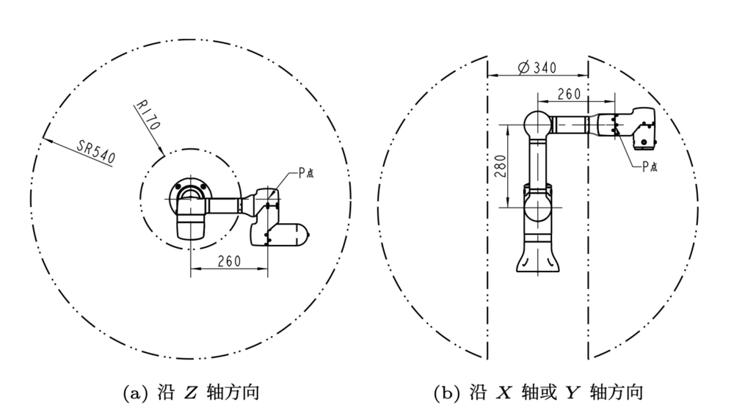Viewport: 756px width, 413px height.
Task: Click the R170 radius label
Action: (x=148, y=115)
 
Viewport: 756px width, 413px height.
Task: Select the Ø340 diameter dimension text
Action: (x=537, y=67)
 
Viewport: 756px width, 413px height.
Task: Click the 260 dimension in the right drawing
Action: (x=569, y=93)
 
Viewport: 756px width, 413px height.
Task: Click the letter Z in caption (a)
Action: (x=190, y=393)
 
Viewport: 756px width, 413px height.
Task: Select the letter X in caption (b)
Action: (x=504, y=393)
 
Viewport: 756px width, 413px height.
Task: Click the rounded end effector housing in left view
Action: (x=283, y=233)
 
